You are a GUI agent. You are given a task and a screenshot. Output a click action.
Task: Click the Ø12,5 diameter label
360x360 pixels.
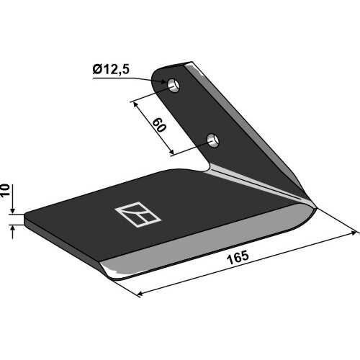[x=111, y=70]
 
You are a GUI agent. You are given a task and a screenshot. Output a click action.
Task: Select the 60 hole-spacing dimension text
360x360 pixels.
[x=159, y=125]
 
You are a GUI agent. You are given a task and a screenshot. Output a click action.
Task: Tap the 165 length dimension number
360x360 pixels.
[x=238, y=257]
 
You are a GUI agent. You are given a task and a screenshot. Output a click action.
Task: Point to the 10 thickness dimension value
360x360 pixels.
[x=5, y=190]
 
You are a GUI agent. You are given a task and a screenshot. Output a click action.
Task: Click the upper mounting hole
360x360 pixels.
[x=174, y=85]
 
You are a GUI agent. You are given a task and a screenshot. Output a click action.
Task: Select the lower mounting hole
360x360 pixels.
[x=213, y=140]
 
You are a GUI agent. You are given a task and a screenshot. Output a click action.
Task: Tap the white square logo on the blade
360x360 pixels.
[x=138, y=214]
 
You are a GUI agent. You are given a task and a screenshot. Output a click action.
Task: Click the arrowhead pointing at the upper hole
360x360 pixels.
[x=163, y=81]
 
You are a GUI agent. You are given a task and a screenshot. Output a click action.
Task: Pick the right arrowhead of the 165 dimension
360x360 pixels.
[x=354, y=233]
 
